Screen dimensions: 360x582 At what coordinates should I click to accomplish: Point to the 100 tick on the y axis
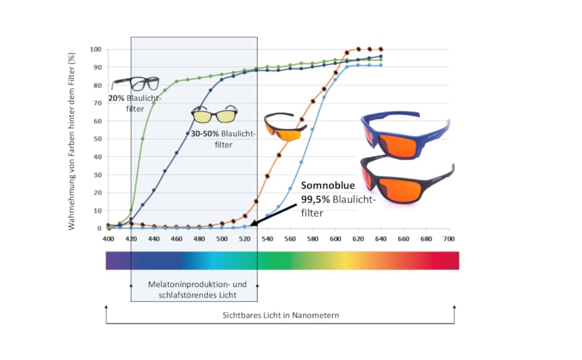pyautogui.click(x=96, y=49)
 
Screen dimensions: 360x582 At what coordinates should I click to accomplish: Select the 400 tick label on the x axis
pyautogui.click(x=108, y=239)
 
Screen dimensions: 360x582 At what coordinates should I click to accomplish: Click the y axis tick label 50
pyautogui.click(x=98, y=139)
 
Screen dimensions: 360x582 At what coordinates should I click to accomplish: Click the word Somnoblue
pyautogui.click(x=328, y=186)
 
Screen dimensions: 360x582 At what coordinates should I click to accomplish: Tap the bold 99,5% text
pyautogui.click(x=316, y=199)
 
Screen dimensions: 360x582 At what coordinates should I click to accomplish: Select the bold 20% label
pyautogui.click(x=116, y=97)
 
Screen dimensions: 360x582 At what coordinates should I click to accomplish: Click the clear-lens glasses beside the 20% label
pyautogui.click(x=136, y=83)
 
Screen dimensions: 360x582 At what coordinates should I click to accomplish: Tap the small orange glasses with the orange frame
pyautogui.click(x=285, y=126)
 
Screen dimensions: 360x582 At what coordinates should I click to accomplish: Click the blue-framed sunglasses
pyautogui.click(x=406, y=135)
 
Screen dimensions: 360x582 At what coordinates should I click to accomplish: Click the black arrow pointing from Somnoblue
pyautogui.click(x=275, y=214)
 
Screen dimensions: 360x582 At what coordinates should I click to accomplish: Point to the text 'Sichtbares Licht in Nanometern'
pyautogui.click(x=280, y=315)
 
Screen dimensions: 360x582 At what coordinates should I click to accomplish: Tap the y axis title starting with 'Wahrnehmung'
pyautogui.click(x=72, y=142)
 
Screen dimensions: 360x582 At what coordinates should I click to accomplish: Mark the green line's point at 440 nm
pyautogui.click(x=154, y=103)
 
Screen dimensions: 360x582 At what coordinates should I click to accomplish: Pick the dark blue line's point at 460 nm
pyautogui.click(x=176, y=153)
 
